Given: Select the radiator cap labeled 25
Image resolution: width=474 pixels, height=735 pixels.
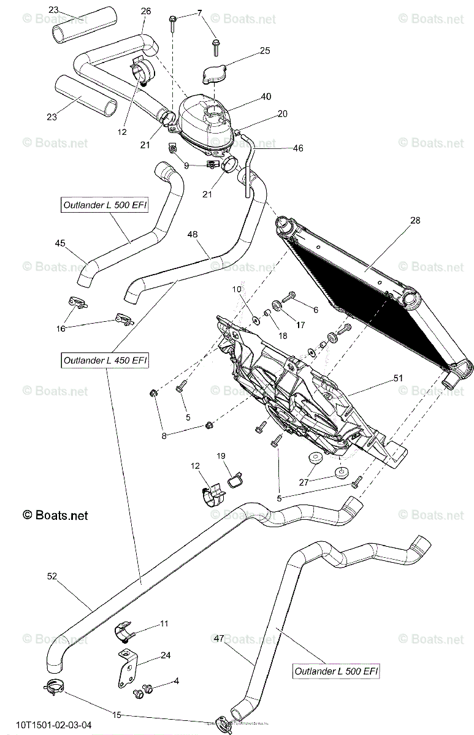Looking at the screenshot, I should click(x=215, y=74).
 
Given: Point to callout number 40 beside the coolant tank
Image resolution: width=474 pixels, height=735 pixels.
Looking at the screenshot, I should click(x=266, y=97).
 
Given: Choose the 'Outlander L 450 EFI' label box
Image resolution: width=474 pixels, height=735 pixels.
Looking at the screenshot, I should click(x=105, y=360).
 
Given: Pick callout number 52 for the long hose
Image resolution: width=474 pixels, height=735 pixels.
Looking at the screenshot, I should click(x=52, y=576).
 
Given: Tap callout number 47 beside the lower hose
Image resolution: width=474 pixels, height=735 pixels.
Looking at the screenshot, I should click(x=218, y=639).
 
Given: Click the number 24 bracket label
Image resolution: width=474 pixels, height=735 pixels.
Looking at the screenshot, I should click(x=165, y=655).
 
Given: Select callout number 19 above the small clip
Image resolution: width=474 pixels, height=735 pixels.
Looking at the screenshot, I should click(x=221, y=456).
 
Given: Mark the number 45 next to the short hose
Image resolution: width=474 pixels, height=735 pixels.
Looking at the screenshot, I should click(x=59, y=243).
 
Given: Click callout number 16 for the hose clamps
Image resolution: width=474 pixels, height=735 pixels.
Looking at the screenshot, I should click(x=61, y=329).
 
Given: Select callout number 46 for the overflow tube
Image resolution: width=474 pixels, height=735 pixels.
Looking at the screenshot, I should click(x=298, y=148).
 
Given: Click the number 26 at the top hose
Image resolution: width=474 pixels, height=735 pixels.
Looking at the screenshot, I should click(x=145, y=12).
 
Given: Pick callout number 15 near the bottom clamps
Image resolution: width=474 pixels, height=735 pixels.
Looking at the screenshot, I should click(x=116, y=715).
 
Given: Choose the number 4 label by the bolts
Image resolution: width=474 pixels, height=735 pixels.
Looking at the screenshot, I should click(x=176, y=680).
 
